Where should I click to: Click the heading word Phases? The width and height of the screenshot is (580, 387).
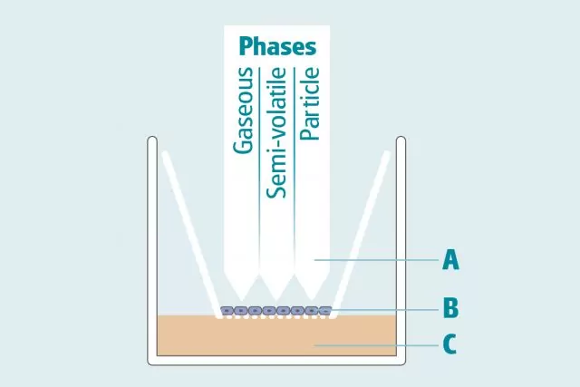tap(278, 46)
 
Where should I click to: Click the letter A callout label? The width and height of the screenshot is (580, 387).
tap(450, 261)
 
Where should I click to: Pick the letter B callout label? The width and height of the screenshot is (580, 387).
tap(450, 309)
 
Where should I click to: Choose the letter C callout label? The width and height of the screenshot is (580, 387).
tap(450, 345)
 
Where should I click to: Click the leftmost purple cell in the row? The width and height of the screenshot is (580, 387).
tap(227, 311)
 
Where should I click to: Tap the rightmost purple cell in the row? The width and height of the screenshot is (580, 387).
tap(325, 311)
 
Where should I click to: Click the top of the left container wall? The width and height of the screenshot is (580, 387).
tap(152, 140)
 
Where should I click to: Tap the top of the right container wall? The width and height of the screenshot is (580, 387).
tap(401, 140)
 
